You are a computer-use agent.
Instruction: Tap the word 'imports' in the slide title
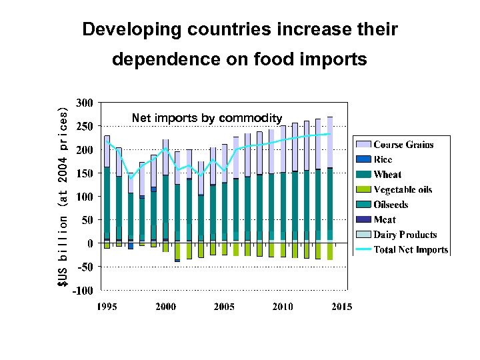(333, 60)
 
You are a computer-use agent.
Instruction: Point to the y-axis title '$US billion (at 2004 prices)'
(62, 197)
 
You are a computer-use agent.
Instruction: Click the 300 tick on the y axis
(84, 103)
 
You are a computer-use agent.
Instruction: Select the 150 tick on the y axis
(84, 173)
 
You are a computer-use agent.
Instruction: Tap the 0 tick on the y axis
(89, 243)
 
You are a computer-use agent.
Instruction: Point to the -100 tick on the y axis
(83, 291)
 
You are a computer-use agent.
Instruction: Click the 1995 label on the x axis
(107, 307)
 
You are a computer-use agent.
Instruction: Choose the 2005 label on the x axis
(224, 307)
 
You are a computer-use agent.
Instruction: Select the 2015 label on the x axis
(341, 307)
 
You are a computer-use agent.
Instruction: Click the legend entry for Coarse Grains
(403, 145)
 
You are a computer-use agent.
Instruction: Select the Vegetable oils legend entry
(402, 190)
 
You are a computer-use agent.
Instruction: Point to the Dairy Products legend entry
(405, 235)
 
